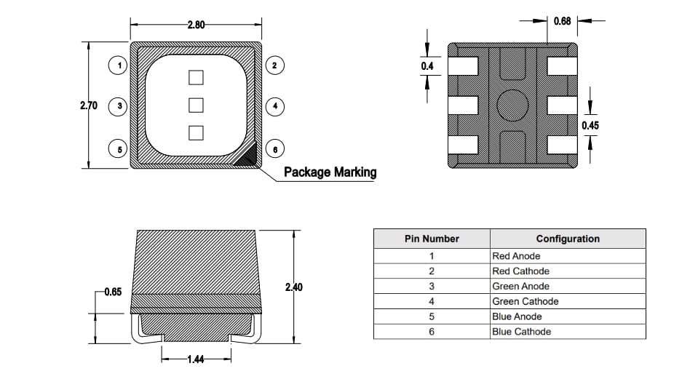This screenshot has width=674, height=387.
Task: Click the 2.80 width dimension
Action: point(196,25)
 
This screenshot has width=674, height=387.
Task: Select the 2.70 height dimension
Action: point(89,105)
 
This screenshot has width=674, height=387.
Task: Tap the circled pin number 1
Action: point(119,65)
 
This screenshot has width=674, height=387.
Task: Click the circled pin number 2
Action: point(274,65)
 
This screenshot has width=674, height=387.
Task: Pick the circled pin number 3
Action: point(119,106)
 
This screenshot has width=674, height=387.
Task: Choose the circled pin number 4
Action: point(274,106)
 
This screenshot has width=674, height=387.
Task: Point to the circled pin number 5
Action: point(119,148)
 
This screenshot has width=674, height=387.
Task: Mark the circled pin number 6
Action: point(274,148)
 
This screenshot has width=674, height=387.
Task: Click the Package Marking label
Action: point(330,172)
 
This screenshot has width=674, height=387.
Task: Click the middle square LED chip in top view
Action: point(195,105)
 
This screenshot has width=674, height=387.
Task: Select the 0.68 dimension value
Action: point(562,21)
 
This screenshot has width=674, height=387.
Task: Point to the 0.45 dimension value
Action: point(590,125)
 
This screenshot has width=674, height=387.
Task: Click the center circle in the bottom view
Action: point(512,105)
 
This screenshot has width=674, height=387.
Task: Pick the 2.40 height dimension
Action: point(293,287)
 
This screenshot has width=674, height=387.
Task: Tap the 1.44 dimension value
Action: point(195,359)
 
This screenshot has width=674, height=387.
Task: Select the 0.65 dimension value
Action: point(113,292)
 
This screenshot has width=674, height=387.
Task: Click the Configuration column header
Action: point(568,239)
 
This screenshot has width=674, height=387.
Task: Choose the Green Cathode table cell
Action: point(526,301)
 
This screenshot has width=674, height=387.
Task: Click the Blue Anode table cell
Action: point(517,316)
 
